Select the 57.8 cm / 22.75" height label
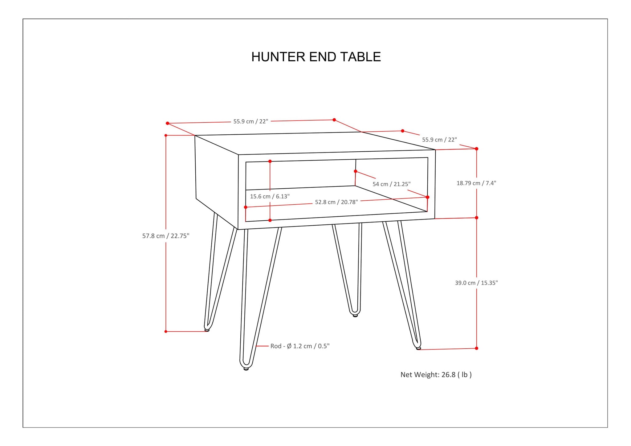(x=166, y=236)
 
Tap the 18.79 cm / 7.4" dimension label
(x=476, y=183)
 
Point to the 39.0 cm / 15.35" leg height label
(x=476, y=283)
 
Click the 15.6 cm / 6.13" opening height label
(x=270, y=197)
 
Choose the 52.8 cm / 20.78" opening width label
(x=336, y=202)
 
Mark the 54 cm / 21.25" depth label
(x=392, y=184)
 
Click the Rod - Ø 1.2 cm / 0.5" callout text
(x=300, y=346)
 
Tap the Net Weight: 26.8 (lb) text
(x=436, y=375)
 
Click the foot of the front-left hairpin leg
(x=246, y=369)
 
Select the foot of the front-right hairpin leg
(x=418, y=348)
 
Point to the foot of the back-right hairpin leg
(x=355, y=316)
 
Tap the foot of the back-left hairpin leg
(x=207, y=330)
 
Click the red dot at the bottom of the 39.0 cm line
(x=477, y=348)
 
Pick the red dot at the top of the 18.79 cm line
(x=477, y=149)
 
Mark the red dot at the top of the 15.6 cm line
(x=270, y=161)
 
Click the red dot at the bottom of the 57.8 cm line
(x=166, y=332)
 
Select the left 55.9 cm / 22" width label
(x=251, y=121)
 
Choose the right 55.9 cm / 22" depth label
(x=439, y=140)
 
